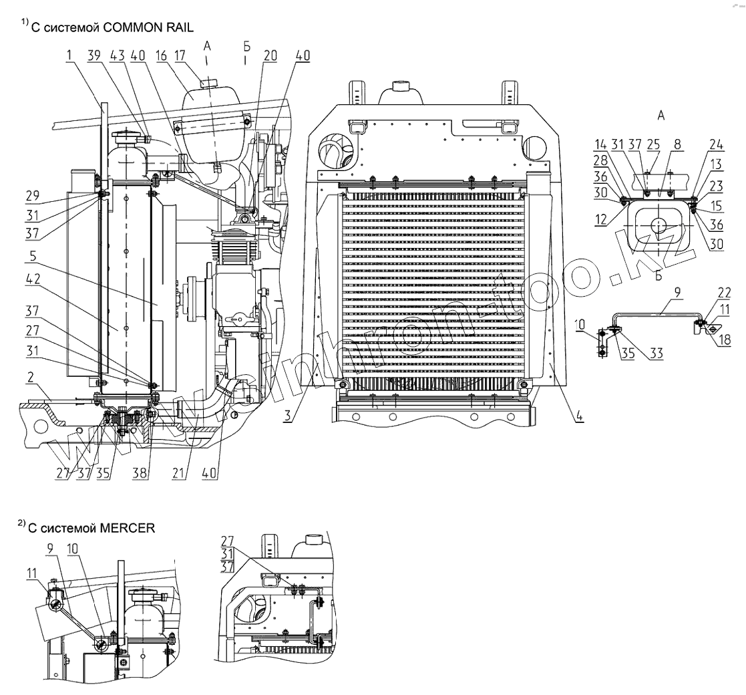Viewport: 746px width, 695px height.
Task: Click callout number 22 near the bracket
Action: (725, 292)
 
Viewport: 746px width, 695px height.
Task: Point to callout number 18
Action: (725, 339)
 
